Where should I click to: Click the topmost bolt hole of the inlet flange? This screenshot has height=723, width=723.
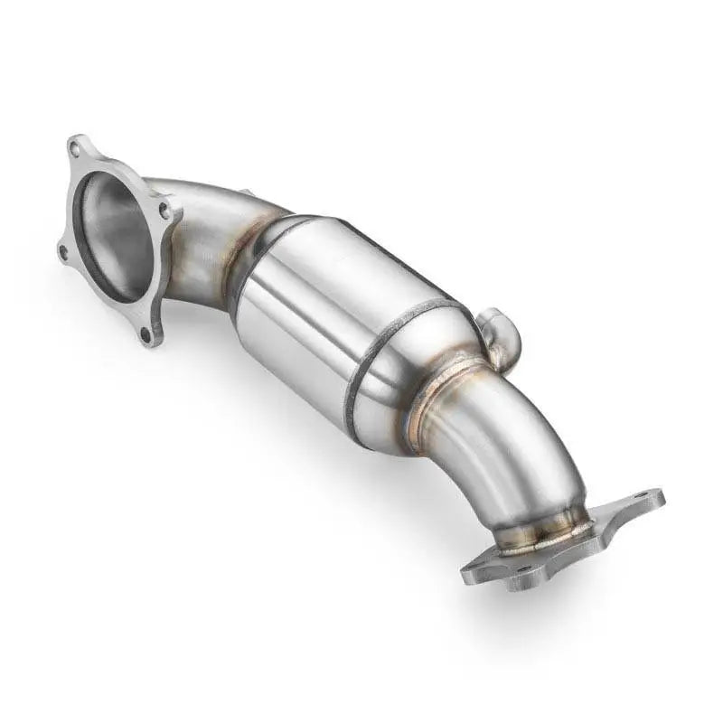79,147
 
